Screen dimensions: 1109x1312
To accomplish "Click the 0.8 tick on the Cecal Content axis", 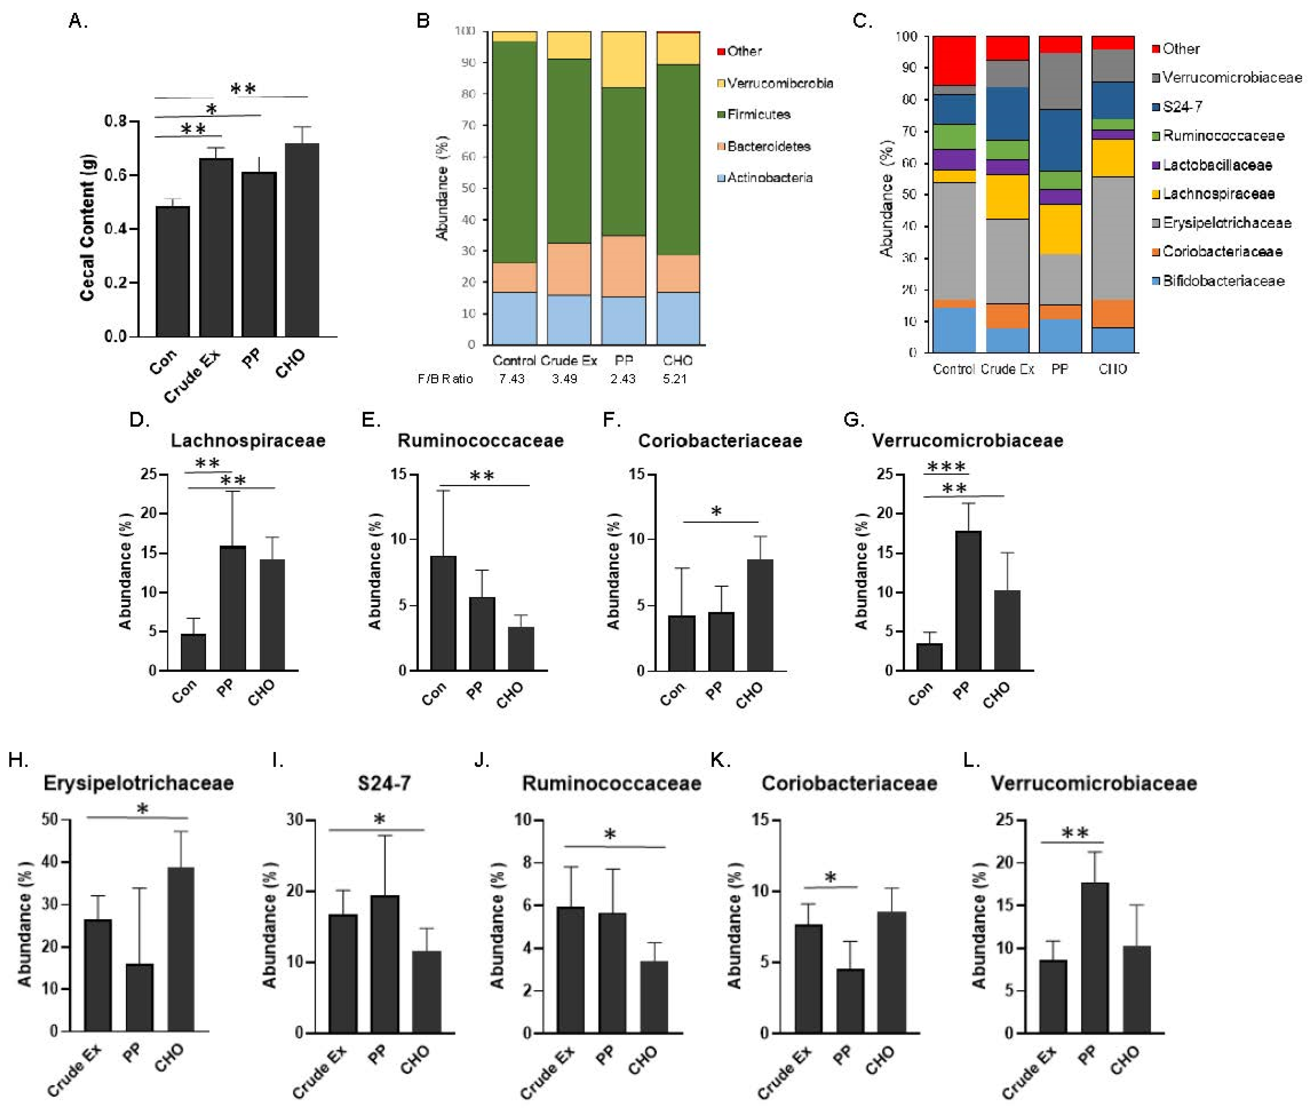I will [116, 121].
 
